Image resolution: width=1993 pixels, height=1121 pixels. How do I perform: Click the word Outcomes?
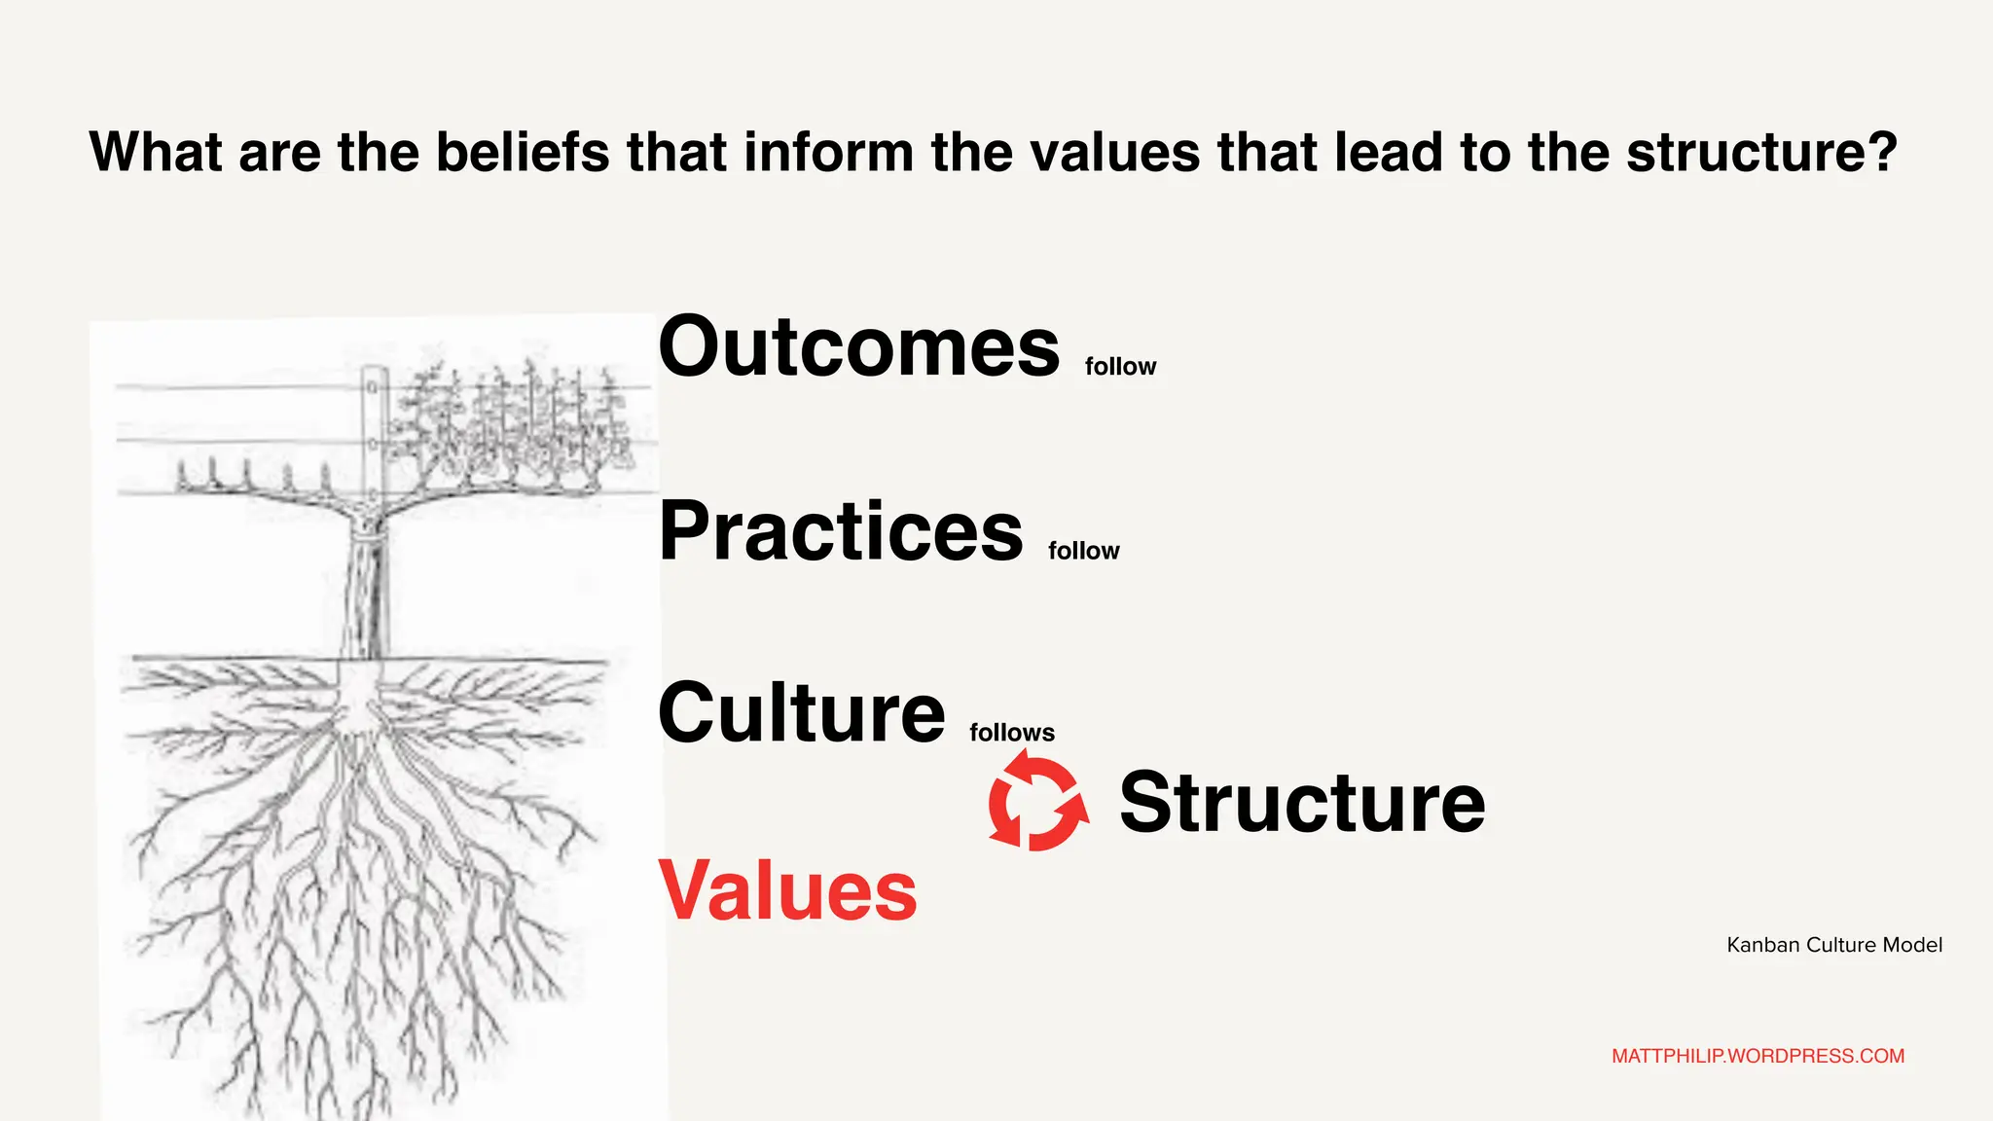point(858,347)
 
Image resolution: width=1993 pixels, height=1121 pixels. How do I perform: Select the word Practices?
point(841,531)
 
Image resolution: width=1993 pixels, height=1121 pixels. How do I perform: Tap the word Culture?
point(801,712)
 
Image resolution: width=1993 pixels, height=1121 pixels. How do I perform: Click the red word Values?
point(787,890)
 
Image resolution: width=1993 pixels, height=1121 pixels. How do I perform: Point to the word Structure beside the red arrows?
point(1302,803)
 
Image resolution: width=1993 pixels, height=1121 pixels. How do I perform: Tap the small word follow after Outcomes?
point(1120,367)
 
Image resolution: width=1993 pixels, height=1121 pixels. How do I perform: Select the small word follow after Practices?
point(1083,551)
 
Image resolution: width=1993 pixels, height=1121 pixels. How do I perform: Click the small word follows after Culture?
point(1011,733)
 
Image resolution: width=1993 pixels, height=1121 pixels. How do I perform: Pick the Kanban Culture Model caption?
point(1834,945)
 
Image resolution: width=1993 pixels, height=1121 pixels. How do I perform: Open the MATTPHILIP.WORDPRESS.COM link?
point(1757,1056)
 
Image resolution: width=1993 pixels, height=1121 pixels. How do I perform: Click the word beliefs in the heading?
point(523,152)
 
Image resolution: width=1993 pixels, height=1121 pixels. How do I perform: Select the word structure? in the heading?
point(1761,152)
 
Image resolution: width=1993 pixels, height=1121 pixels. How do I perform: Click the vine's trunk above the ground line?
point(365,594)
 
